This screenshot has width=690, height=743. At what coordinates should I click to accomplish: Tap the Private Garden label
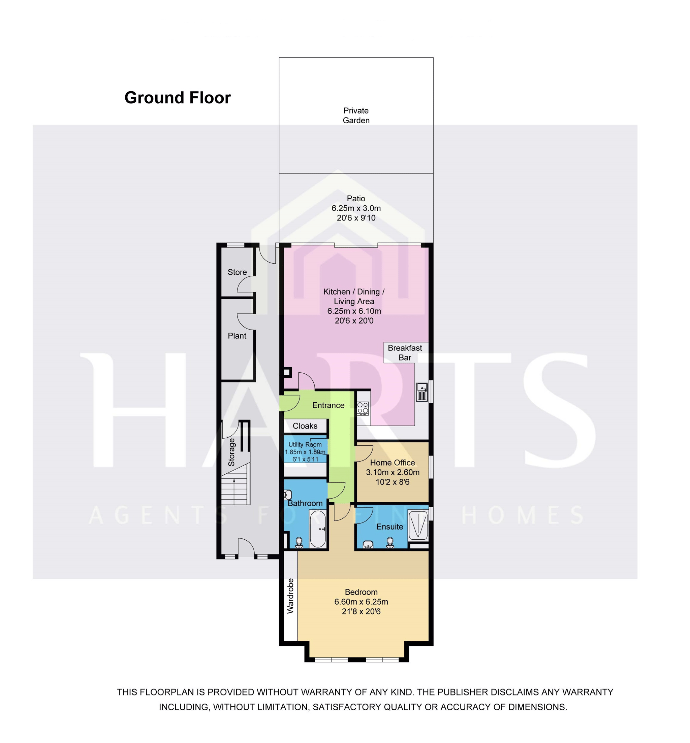tap(356, 115)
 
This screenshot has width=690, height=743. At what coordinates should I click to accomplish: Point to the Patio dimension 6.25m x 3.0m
tap(356, 208)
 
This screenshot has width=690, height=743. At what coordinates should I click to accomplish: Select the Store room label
tap(237, 272)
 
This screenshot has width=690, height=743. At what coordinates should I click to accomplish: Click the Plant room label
tap(237, 336)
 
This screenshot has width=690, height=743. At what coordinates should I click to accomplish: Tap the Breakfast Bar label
tap(405, 352)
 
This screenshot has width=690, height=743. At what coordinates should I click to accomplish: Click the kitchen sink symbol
tap(421, 392)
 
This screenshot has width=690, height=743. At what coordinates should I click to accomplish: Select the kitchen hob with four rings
tap(363, 408)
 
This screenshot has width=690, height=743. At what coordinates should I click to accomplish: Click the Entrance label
tap(328, 405)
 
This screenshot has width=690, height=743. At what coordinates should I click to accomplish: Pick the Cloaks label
tap(305, 426)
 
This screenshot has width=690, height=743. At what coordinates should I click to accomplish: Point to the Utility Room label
tap(305, 445)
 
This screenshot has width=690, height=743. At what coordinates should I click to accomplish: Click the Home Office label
tap(393, 463)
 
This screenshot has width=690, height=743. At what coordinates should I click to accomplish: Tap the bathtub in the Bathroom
tap(318, 529)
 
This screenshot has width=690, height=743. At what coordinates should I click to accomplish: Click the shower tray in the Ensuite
tap(418, 525)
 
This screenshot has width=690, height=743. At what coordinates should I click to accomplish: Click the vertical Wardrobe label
tap(290, 596)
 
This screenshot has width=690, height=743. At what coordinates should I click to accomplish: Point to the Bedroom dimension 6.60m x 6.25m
tap(361, 602)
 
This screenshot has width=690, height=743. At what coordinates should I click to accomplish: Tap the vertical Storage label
tap(231, 452)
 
